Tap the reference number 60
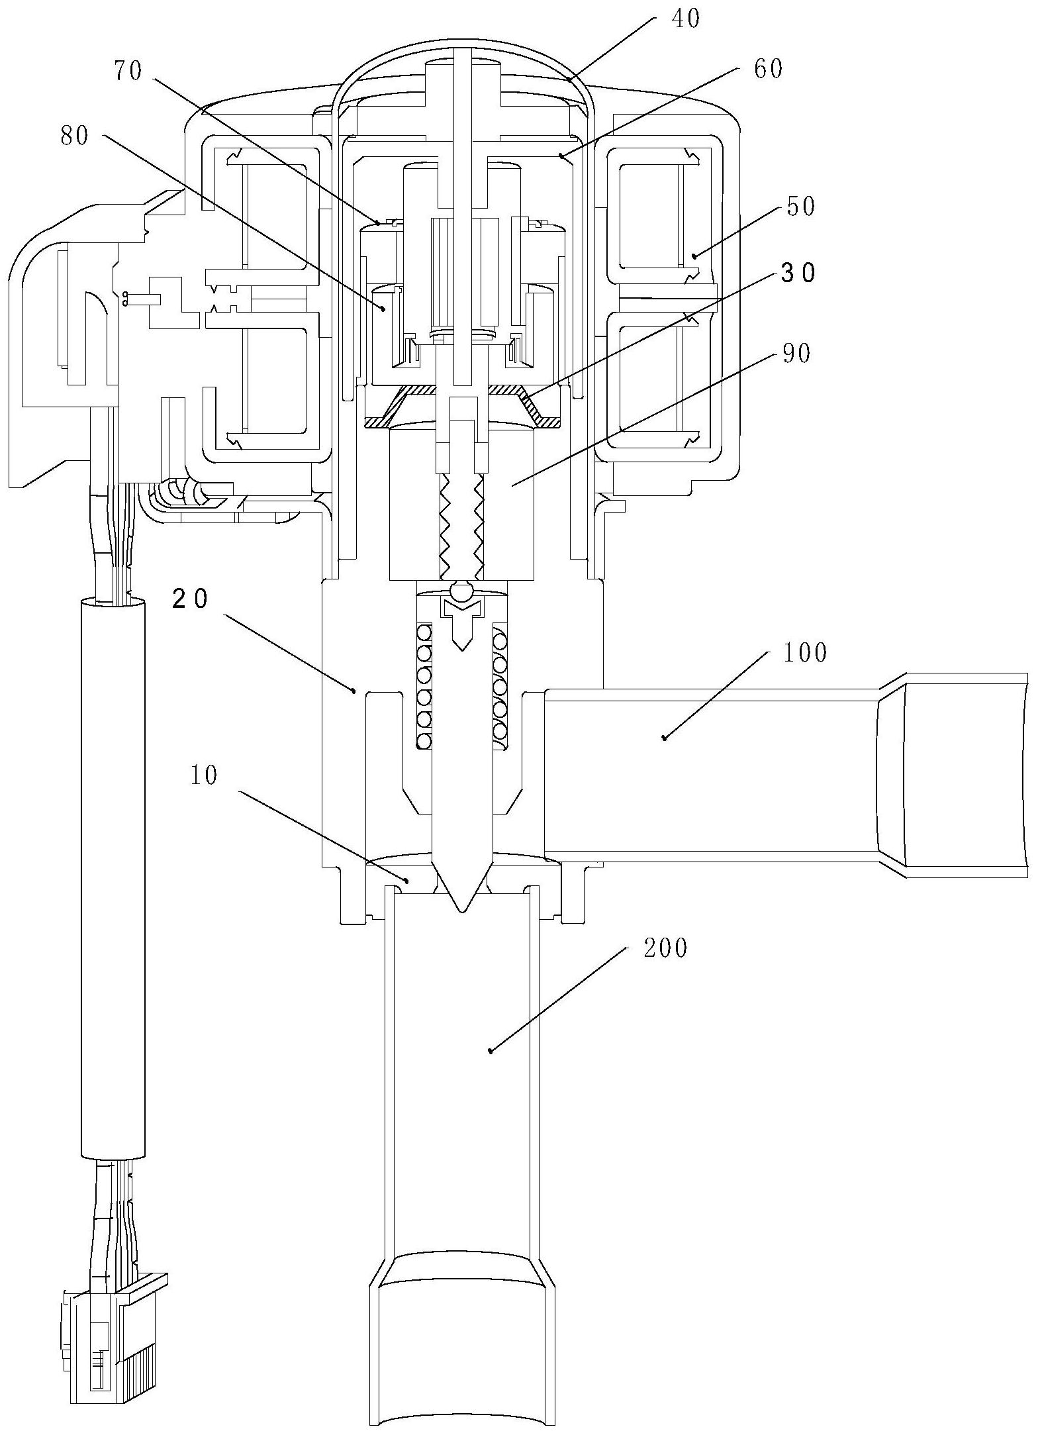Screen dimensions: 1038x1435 pyautogui.click(x=768, y=68)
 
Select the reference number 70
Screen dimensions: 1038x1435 pyautogui.click(x=128, y=71)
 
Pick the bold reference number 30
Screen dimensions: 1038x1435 pyautogui.click(x=799, y=273)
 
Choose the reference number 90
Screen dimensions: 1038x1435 pyautogui.click(x=795, y=354)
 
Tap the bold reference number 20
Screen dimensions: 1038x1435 pyautogui.click(x=190, y=599)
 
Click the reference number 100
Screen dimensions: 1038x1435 pyautogui.click(x=805, y=653)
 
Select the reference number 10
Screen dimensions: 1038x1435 pyautogui.click(x=203, y=775)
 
